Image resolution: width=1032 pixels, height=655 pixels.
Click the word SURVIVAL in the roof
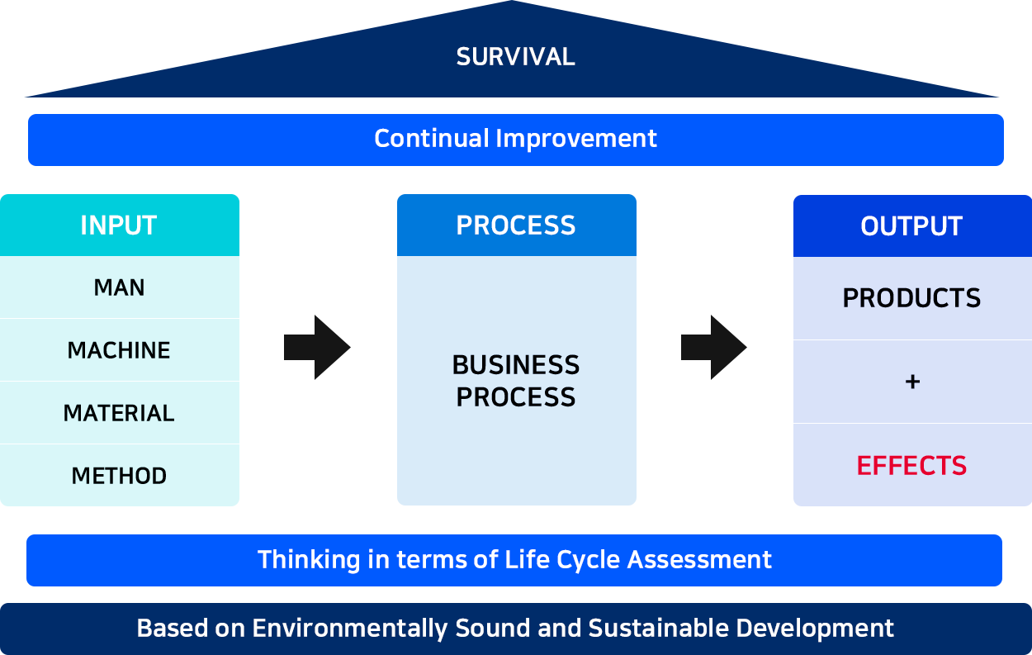click(x=515, y=57)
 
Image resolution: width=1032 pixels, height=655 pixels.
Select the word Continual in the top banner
click(x=432, y=138)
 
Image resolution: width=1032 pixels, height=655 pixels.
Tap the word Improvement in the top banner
click(x=576, y=138)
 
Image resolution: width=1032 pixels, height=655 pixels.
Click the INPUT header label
click(x=119, y=225)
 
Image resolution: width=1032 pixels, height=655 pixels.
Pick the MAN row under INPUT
click(x=120, y=287)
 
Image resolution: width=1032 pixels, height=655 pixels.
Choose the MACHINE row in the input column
click(x=119, y=350)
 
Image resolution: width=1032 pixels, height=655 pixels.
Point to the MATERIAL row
click(x=119, y=413)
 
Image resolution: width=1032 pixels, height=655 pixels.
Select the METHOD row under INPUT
click(x=119, y=476)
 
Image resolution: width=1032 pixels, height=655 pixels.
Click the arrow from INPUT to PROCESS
click(x=317, y=348)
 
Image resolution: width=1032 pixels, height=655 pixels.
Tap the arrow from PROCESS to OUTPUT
click(x=714, y=348)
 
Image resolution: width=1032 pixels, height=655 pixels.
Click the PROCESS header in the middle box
click(x=516, y=225)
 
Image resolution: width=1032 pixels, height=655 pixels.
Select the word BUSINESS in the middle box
click(x=516, y=365)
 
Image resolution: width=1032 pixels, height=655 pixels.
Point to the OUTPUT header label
click(x=911, y=225)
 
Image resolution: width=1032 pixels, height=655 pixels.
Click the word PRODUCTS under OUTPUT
click(x=911, y=298)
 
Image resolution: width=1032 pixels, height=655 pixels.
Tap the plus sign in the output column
click(x=912, y=382)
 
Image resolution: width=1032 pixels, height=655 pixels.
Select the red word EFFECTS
click(x=911, y=466)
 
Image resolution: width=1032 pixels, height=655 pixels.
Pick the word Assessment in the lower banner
click(x=699, y=560)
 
